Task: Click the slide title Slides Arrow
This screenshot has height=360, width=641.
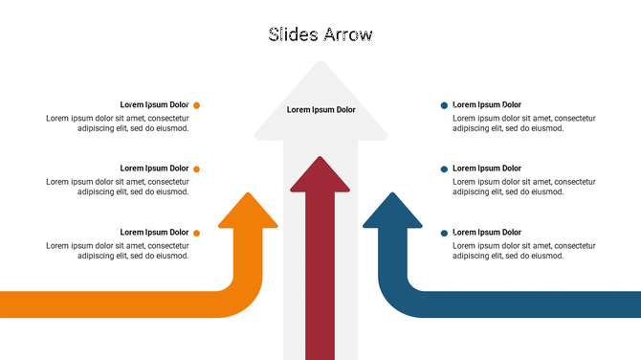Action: click(x=320, y=35)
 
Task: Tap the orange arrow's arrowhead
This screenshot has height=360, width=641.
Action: click(x=248, y=213)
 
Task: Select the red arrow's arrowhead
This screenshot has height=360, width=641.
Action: click(x=320, y=176)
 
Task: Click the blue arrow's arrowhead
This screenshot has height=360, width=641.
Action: click(x=392, y=213)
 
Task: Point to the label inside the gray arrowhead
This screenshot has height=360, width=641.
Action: click(x=320, y=110)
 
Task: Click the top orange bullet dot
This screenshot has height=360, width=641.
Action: click(x=197, y=105)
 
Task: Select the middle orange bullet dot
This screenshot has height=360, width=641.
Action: click(x=197, y=169)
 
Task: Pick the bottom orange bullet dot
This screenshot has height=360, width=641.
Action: click(x=197, y=233)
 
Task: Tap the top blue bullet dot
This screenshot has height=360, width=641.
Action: click(x=444, y=105)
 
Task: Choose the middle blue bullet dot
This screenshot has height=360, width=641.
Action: click(x=444, y=169)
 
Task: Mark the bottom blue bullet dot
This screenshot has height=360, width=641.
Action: click(x=444, y=233)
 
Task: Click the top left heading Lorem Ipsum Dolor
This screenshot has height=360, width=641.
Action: click(x=154, y=104)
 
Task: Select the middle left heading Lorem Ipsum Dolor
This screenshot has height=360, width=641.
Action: click(x=154, y=169)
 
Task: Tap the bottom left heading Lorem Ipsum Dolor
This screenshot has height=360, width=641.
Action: click(x=154, y=232)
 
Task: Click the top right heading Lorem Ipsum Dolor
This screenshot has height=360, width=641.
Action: click(x=487, y=104)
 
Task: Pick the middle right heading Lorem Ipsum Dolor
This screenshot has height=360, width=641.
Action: click(x=487, y=169)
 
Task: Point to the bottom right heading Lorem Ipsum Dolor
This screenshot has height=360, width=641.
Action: click(x=487, y=232)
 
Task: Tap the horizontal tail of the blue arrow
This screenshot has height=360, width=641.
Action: click(x=536, y=304)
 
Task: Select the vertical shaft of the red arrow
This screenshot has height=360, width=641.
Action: click(x=320, y=287)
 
